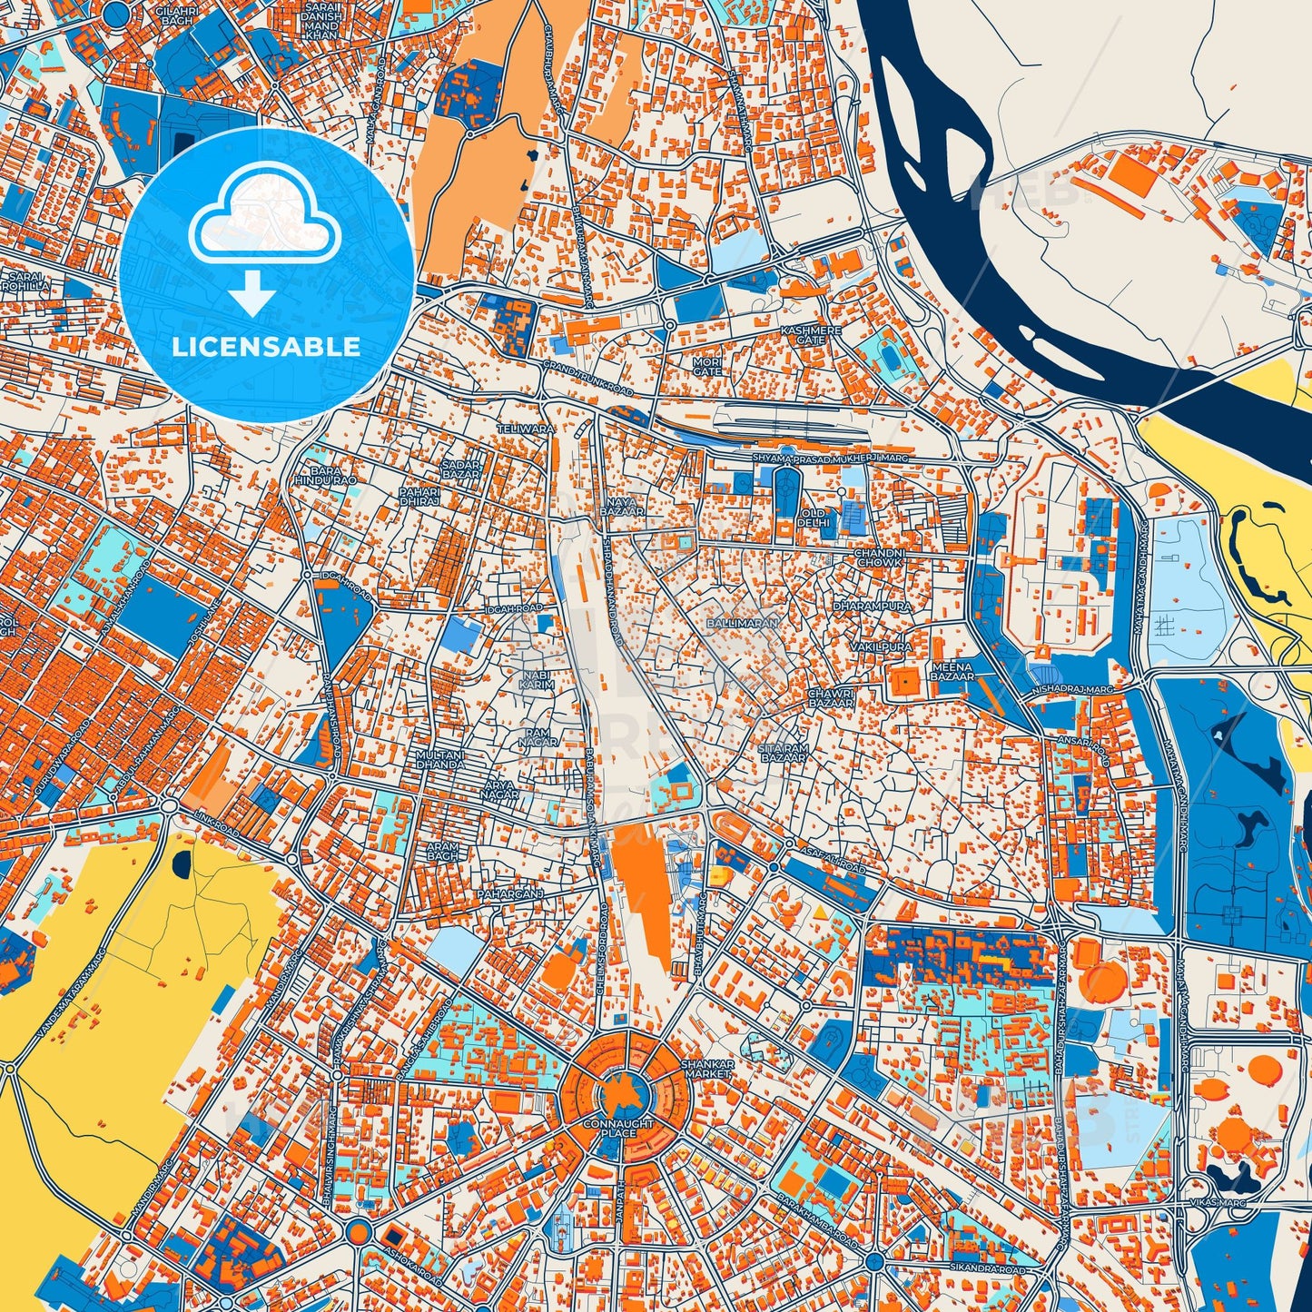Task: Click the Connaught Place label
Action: pyautogui.click(x=617, y=1129)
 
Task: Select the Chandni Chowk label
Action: pyautogui.click(x=878, y=557)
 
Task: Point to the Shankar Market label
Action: pyautogui.click(x=706, y=1069)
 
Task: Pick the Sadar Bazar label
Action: pyautogui.click(x=459, y=469)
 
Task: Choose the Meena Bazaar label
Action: pyautogui.click(x=952, y=672)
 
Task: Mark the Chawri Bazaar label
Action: pyautogui.click(x=831, y=698)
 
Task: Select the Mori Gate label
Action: pyautogui.click(x=707, y=366)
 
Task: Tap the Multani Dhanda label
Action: pyautogui.click(x=439, y=759)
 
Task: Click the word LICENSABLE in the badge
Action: pyautogui.click(x=266, y=347)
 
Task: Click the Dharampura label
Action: pyautogui.click(x=872, y=605)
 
